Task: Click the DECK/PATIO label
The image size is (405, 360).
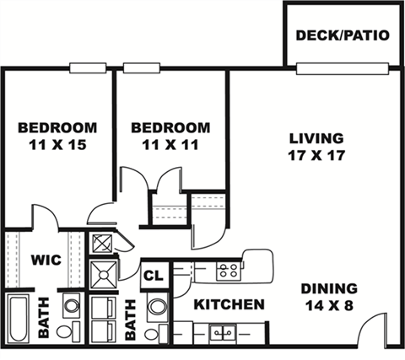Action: point(343,36)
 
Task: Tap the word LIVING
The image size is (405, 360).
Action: point(316,138)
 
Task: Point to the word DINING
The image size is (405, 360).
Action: point(329,287)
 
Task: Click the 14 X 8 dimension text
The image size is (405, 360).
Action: point(329,304)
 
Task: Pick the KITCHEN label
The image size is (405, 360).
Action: point(229,304)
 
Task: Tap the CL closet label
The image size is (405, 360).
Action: point(154,275)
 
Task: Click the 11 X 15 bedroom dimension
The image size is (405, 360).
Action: point(57,144)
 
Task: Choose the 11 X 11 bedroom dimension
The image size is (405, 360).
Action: point(170,144)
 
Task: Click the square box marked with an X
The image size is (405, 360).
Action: point(103,244)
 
